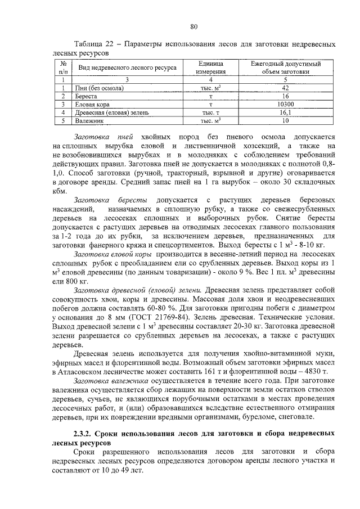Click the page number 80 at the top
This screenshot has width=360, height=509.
(195, 26)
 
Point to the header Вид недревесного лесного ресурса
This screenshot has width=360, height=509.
(127, 68)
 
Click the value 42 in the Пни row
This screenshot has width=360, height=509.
(285, 88)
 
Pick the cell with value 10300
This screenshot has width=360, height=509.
(285, 104)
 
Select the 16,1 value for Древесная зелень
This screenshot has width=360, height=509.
(285, 112)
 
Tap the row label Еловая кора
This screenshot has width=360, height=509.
(93, 104)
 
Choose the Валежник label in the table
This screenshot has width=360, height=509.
(91, 120)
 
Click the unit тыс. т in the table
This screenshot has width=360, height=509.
(211, 112)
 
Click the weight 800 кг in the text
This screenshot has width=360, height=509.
(76, 281)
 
